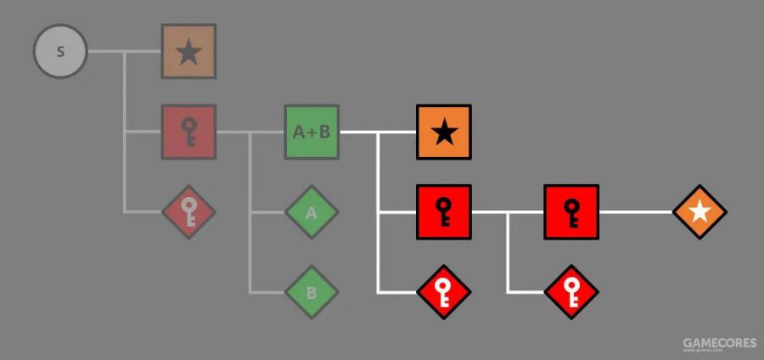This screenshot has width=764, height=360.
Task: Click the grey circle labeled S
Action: [x=60, y=51]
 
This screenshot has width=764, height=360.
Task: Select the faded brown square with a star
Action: [x=188, y=51]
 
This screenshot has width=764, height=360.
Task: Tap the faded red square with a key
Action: [x=188, y=132]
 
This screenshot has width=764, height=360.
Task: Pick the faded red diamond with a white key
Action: [x=188, y=211]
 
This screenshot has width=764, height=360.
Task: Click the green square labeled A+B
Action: [x=312, y=132]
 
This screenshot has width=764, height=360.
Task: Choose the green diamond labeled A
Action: [x=312, y=212]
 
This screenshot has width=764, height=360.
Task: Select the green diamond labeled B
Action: [x=312, y=292]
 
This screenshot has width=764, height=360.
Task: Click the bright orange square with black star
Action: [x=443, y=132]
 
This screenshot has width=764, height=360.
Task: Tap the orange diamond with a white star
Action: [x=699, y=211]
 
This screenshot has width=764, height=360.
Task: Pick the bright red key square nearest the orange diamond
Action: [x=571, y=211]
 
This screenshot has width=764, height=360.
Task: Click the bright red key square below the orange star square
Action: [x=443, y=211]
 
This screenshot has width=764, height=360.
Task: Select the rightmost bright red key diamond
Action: [x=571, y=292]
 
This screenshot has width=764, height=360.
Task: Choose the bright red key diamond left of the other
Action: [x=443, y=292]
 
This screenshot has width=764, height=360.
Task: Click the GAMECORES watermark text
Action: [x=719, y=343]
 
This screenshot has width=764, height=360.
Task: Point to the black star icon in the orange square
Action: [x=443, y=132]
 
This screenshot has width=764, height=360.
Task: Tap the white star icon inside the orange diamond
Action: [x=699, y=211]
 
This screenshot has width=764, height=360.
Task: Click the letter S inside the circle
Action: [x=60, y=51]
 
